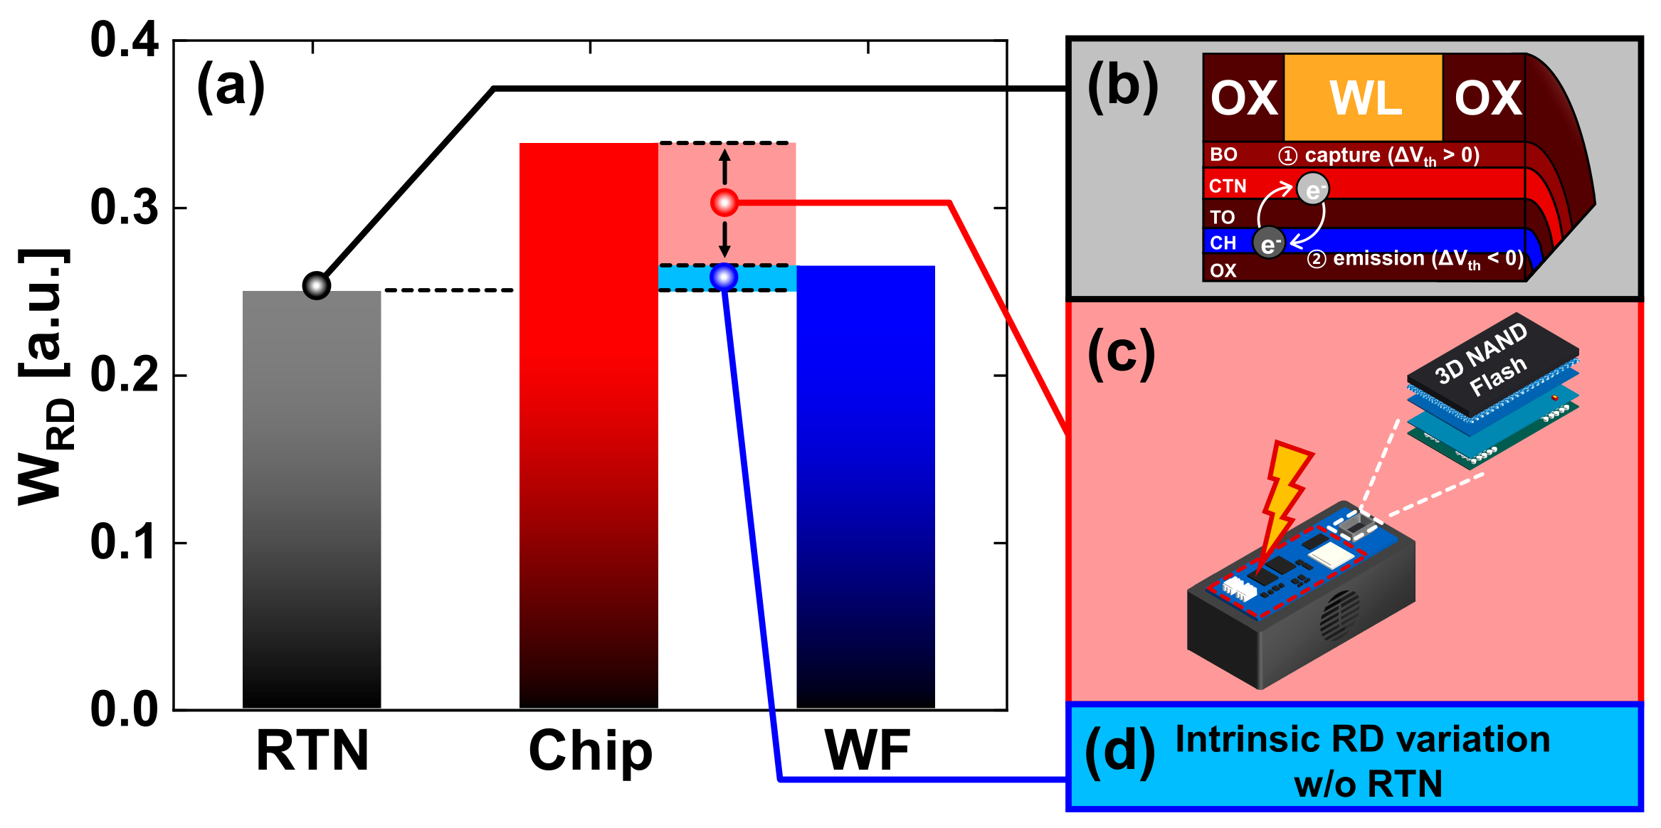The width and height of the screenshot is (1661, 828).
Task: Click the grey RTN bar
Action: pos(312,498)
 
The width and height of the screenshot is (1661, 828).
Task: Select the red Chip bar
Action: pos(589,427)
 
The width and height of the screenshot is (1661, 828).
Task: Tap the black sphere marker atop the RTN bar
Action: pos(317,286)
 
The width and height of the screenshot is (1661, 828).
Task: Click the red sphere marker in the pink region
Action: pos(724,203)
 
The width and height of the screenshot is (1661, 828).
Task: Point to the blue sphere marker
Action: pos(724,277)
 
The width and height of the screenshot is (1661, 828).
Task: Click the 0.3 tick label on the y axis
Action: pos(125,208)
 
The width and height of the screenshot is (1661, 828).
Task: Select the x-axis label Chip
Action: pos(590,751)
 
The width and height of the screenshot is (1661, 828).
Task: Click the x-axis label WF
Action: pos(867,751)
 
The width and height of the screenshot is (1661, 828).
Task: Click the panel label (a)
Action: pos(231,87)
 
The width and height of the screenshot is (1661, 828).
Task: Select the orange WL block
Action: pos(1363,97)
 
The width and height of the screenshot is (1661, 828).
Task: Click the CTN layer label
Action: pos(1228,186)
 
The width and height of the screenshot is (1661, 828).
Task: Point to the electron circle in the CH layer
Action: pos(1269,243)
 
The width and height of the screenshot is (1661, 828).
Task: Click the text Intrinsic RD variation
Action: pos(1362,740)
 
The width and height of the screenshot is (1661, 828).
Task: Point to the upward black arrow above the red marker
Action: pos(724,166)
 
